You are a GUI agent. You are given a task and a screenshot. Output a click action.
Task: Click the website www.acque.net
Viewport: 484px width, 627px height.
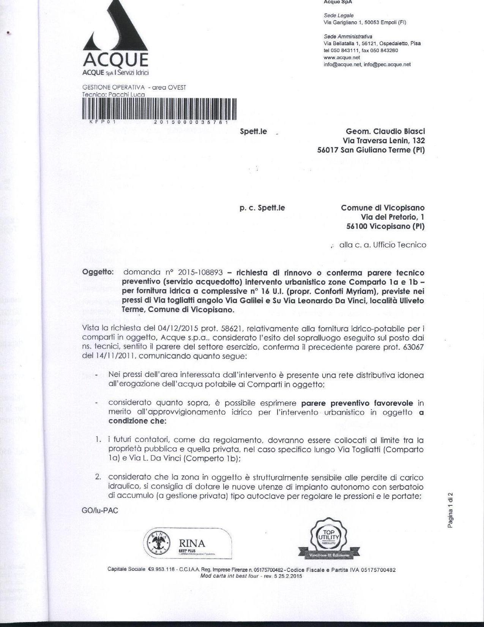[x=342, y=57]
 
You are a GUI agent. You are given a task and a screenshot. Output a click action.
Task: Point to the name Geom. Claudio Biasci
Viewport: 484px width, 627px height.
[x=385, y=131]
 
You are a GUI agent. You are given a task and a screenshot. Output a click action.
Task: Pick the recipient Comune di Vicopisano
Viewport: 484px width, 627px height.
[x=383, y=208]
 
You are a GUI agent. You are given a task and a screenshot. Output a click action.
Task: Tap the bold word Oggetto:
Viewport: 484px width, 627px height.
[x=98, y=272]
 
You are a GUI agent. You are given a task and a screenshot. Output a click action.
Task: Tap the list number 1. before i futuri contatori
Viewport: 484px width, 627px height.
[x=98, y=440]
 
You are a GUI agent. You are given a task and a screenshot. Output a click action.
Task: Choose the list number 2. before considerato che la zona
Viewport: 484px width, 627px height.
[x=98, y=477]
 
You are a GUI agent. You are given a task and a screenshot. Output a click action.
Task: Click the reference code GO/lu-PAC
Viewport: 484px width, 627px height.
[x=100, y=510]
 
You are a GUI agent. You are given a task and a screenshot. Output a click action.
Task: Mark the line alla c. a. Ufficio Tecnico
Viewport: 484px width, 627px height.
[x=383, y=245]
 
